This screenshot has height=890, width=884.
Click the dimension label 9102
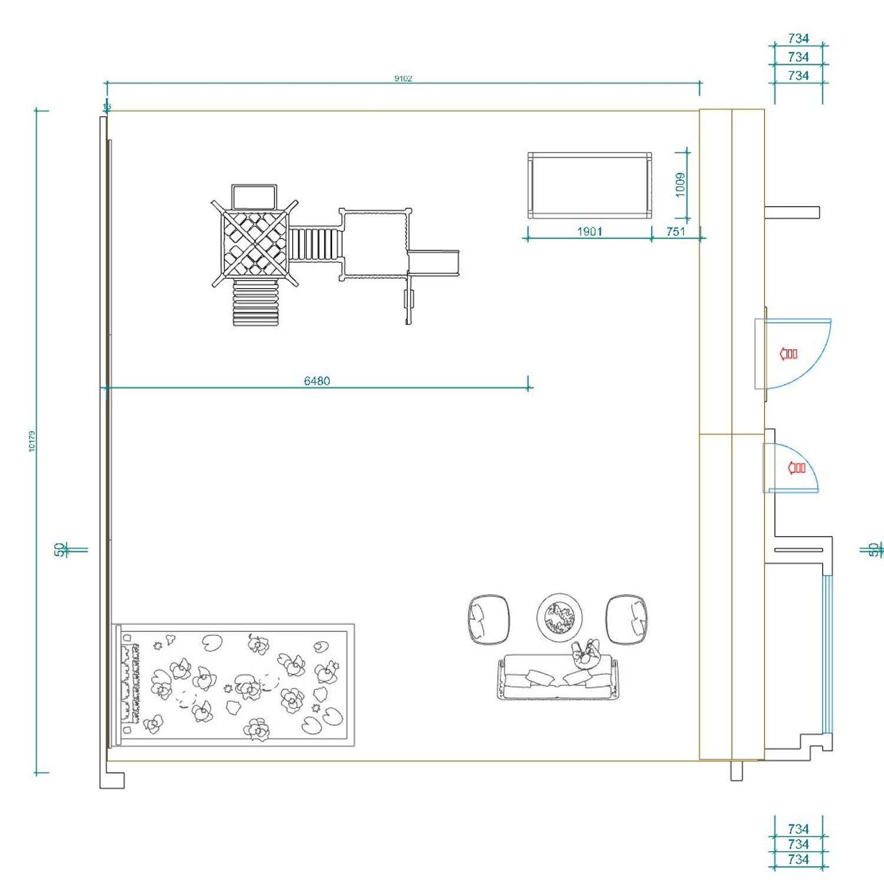[403, 78]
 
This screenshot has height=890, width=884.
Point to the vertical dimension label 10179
[32, 441]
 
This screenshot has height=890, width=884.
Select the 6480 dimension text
[316, 381]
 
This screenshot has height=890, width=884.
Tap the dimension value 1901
[589, 231]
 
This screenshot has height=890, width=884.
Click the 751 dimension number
[675, 231]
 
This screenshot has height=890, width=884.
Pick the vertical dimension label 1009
[681, 185]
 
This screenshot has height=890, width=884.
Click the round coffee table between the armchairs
[559, 617]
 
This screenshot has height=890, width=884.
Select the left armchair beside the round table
[489, 619]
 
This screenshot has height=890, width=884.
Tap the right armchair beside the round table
[626, 619]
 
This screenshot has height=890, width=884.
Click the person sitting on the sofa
[585, 654]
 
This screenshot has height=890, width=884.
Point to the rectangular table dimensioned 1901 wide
[589, 186]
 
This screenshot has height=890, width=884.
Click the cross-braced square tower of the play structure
[255, 243]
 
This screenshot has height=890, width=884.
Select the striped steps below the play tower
[255, 303]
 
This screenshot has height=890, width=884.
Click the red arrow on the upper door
[789, 354]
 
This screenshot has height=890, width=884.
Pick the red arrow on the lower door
[797, 468]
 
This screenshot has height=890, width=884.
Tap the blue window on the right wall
[828, 654]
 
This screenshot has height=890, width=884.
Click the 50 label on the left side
[60, 549]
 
